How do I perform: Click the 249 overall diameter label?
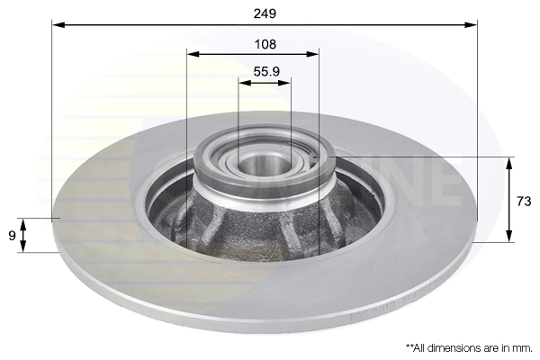(265, 13)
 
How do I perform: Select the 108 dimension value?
(265, 43)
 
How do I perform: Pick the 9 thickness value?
(12, 236)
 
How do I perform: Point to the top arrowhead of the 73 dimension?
(509, 163)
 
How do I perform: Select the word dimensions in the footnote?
(454, 346)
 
